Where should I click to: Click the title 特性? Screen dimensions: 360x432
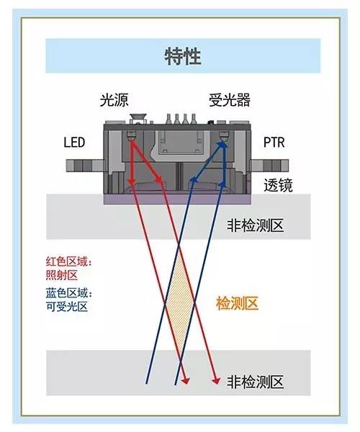pos(183,56)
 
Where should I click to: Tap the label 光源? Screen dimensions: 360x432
pos(114,100)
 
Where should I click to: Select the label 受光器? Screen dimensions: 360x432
pos(230,100)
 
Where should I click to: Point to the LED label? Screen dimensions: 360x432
pos(74,143)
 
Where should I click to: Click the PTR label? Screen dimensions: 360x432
pos(274,143)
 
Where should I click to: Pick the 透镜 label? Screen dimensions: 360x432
pos(278,185)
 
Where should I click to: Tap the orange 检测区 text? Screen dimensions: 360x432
pos(237,303)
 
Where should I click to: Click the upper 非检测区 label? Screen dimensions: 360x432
pos(255,225)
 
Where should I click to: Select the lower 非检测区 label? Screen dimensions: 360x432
pos(255,382)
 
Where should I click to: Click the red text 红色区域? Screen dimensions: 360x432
pos(69,261)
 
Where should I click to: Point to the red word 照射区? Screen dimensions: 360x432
pos(62,275)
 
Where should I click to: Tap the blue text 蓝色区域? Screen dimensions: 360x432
pos(69,292)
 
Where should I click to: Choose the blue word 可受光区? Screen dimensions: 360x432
pos(67,307)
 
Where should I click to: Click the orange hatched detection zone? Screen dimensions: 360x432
pos(180,303)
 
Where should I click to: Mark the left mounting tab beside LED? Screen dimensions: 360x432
pos(84,166)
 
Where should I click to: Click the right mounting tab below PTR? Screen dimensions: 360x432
pos(270,166)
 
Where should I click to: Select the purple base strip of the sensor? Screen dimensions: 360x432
pos(177,199)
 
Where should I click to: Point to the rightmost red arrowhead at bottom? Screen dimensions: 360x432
pos(216,381)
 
